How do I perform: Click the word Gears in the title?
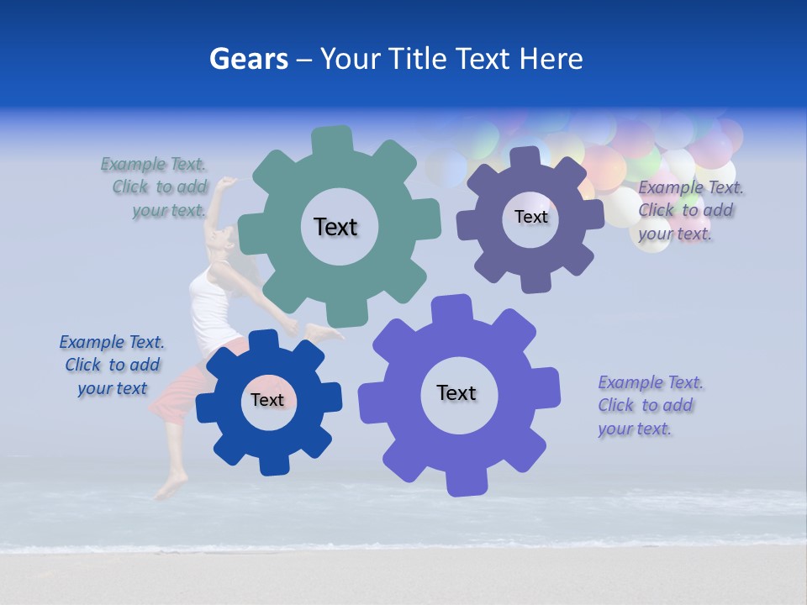coord(249,59)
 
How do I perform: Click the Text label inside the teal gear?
coord(335,227)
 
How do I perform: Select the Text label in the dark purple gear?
coord(530,217)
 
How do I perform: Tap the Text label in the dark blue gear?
coord(267,400)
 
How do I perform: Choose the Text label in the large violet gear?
coord(456,392)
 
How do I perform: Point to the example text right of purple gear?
coord(689,211)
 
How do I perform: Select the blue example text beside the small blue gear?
coord(112,365)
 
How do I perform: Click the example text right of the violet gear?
coord(650,405)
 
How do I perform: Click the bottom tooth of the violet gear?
coord(465,482)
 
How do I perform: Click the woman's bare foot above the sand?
coord(171,487)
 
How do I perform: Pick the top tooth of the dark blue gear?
coord(262,341)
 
